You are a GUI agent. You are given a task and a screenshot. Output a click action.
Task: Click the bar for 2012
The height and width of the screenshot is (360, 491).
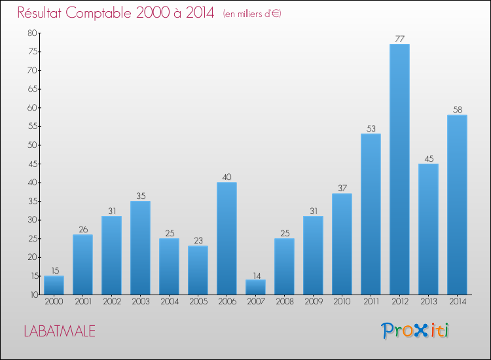[399, 170]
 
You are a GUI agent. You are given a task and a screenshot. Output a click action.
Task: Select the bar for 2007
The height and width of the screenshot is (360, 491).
[255, 287]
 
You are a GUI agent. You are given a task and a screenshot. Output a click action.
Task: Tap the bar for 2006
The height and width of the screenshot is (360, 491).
[227, 238]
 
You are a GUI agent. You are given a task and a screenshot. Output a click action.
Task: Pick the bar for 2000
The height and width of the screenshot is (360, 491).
[54, 285]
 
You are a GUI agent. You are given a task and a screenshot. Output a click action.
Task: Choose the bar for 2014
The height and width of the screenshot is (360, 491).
[457, 205]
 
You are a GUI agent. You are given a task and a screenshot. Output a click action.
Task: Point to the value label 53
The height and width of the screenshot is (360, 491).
[371, 128]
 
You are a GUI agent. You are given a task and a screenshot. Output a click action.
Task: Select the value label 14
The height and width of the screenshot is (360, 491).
[255, 274]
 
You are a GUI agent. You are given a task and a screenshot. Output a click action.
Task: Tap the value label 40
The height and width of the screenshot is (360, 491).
[227, 177]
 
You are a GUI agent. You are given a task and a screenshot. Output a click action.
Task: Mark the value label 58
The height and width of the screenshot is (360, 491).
[457, 109]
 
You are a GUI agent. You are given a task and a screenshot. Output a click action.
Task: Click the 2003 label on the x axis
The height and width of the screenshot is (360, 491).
[140, 302]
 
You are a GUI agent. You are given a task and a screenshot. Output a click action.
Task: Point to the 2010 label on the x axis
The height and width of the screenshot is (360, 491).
[342, 302]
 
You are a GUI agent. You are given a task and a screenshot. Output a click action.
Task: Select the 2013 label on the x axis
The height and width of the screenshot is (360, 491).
[428, 302]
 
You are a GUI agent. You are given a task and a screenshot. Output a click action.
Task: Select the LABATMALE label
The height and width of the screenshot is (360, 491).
[60, 331]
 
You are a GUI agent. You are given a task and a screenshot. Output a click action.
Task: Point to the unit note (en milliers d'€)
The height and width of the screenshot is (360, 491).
[252, 14]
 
